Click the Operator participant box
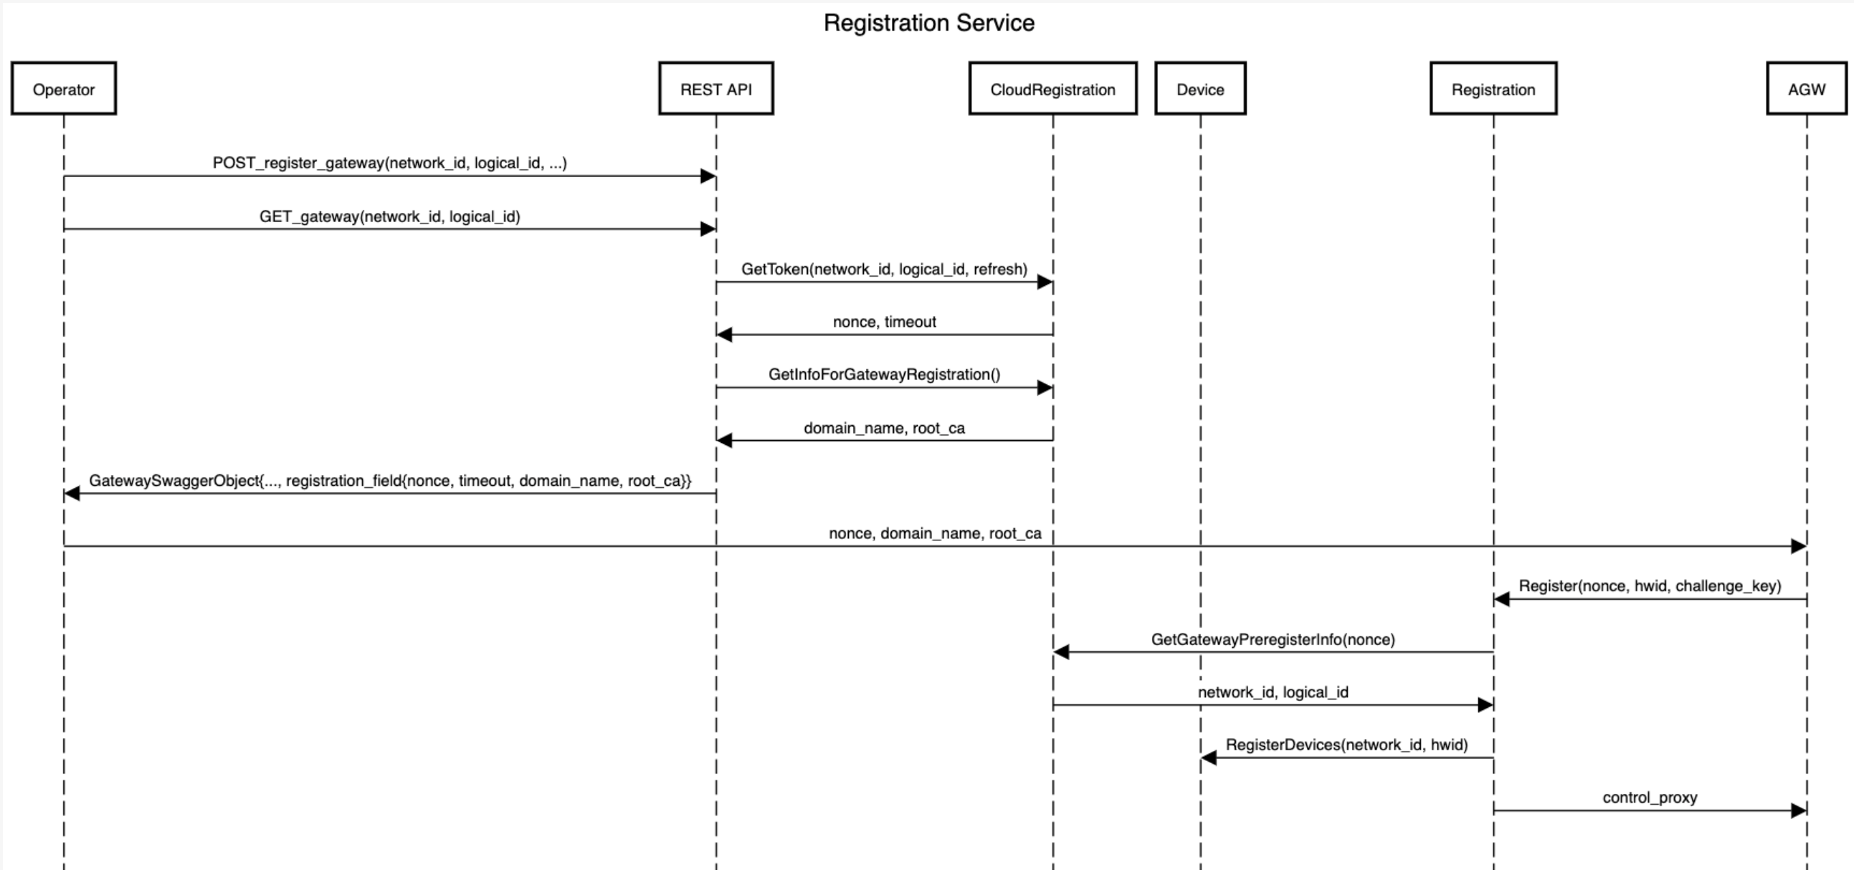click(x=63, y=90)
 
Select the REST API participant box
click(x=716, y=90)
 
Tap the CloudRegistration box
click(x=1052, y=90)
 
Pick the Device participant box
click(x=1199, y=90)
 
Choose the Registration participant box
click(x=1493, y=90)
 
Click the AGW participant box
click(x=1806, y=90)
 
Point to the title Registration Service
click(x=928, y=23)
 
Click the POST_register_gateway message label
click(x=389, y=163)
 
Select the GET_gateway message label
click(x=389, y=216)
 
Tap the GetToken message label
click(x=884, y=269)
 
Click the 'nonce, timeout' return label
click(x=884, y=322)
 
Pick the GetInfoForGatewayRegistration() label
click(x=884, y=374)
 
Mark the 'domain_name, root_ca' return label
click(x=884, y=428)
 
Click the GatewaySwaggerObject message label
click(x=389, y=481)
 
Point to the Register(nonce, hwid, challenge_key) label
click(x=1650, y=585)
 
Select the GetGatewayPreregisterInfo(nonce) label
click(x=1273, y=639)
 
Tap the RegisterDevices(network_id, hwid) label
click(x=1346, y=745)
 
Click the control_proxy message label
click(x=1650, y=798)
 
